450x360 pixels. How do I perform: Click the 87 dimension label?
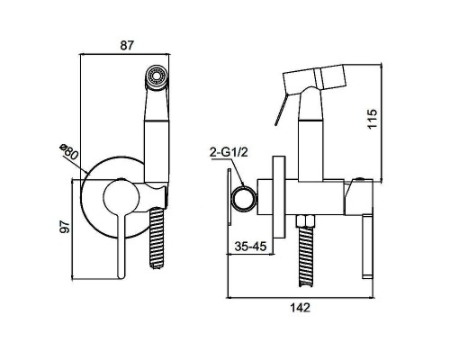pos(126,46)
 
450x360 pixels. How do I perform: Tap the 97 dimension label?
pos(65,227)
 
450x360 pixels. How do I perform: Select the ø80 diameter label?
pos(68,152)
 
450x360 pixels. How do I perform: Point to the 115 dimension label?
pos(373,119)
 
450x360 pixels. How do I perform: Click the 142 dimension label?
pos(300,308)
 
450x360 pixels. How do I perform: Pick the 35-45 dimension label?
pos(250,247)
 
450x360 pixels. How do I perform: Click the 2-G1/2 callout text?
pos(229,153)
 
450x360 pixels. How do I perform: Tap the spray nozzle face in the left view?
pos(157,76)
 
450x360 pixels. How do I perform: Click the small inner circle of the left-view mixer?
pos(121,197)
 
